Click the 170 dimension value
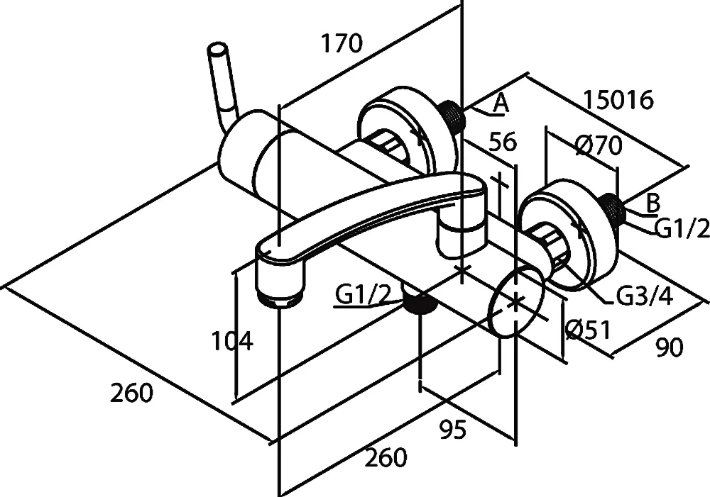[341, 44]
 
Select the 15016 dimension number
[618, 100]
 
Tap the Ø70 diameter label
[598, 145]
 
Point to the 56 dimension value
[503, 141]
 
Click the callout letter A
[501, 104]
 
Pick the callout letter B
[653, 203]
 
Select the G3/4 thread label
[644, 296]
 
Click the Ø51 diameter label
[589, 329]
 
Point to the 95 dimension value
[452, 430]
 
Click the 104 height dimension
[231, 342]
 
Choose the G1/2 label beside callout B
[681, 228]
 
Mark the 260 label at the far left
[131, 392]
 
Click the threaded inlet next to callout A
[453, 116]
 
